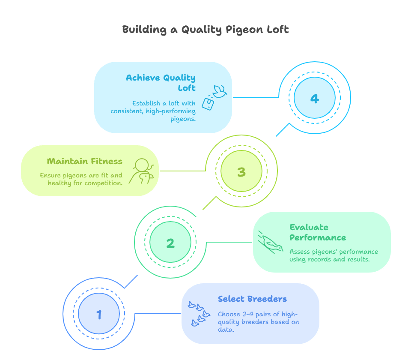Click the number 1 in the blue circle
coord(99,315)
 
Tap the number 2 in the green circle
coord(170,243)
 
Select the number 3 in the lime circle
coord(241,172)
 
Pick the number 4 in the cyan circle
coord(315,99)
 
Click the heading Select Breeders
coord(253,299)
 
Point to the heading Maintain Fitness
coord(84,161)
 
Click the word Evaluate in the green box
coord(309,227)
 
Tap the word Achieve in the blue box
coord(143,78)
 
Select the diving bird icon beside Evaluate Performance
coord(271,242)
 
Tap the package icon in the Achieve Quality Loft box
coord(208,104)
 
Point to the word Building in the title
coord(144,30)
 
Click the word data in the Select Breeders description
coord(226,330)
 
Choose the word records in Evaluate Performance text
coord(319,260)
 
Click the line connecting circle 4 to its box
coord(256,97)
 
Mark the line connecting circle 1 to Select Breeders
coord(158,314)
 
